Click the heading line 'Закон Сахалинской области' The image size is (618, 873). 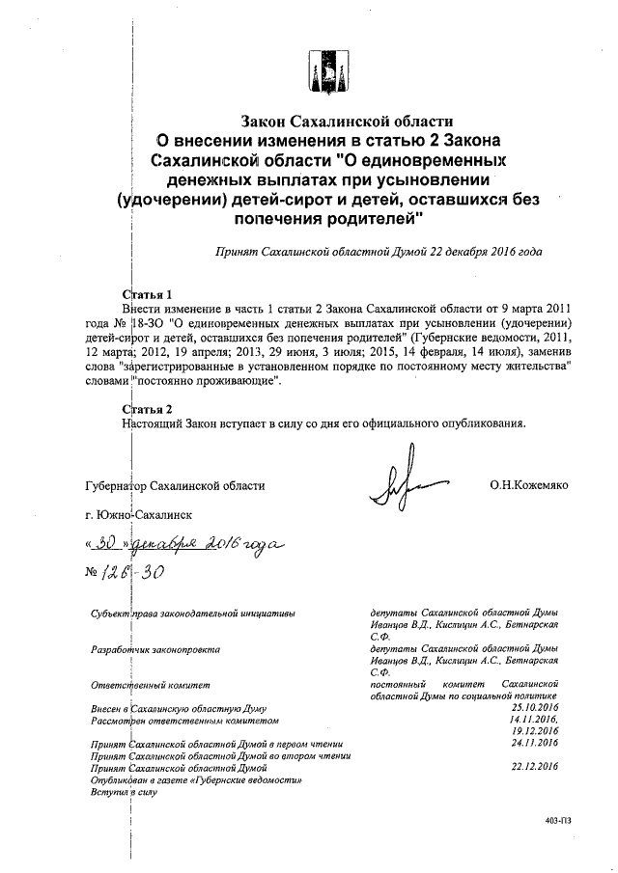[347, 122]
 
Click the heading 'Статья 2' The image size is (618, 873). [148, 408]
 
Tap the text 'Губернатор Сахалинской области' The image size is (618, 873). [174, 486]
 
